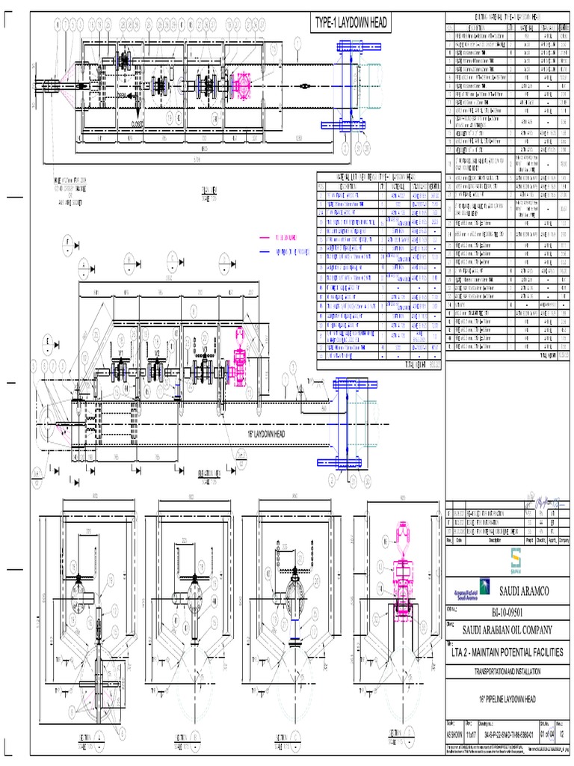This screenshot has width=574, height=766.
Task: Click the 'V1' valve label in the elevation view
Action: pos(121,352)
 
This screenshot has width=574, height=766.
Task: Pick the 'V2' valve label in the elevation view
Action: pos(156,352)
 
